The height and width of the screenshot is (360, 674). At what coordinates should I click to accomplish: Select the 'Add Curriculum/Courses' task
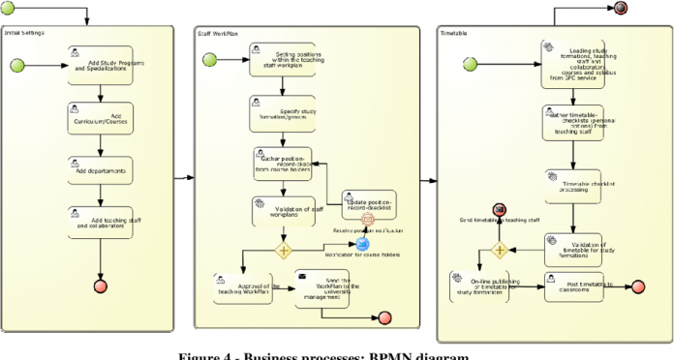(x=101, y=116)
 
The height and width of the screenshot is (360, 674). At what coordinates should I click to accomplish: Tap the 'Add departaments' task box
(x=101, y=170)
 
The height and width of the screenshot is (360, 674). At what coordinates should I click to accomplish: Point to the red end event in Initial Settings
(x=100, y=286)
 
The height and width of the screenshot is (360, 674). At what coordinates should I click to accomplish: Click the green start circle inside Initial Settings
(x=43, y=66)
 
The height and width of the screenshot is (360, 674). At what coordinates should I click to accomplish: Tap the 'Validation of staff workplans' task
(x=282, y=211)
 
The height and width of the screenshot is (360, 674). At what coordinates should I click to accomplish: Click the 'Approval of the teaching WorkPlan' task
(x=245, y=287)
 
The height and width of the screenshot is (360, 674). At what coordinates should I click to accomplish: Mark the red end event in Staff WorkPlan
(x=384, y=318)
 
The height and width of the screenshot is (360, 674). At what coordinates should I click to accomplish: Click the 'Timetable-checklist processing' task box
(x=573, y=186)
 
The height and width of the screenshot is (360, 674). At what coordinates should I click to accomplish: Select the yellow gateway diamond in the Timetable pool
(x=500, y=251)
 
